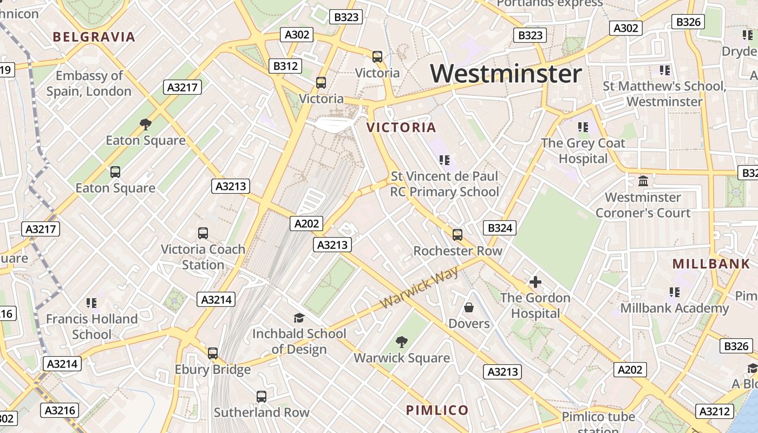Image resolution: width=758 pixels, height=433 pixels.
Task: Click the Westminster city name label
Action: [506, 74]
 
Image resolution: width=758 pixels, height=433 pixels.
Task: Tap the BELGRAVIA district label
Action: [94, 37]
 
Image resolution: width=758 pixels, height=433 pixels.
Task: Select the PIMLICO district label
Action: [437, 410]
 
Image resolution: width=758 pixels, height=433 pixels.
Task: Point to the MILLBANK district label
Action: [711, 264]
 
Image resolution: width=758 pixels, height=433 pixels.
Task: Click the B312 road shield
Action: [285, 66]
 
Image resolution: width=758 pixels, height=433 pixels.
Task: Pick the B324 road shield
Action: [500, 228]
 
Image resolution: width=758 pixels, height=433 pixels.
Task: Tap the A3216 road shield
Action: [60, 410]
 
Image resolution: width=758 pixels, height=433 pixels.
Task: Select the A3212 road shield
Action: [715, 412]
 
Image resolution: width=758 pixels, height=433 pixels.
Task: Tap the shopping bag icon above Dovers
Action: [469, 307]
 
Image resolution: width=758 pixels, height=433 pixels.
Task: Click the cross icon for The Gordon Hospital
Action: [535, 282]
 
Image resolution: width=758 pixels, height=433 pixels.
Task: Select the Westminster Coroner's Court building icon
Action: [643, 181]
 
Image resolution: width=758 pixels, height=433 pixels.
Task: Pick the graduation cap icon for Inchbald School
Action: [299, 318]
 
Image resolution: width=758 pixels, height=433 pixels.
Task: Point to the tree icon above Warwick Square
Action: [401, 342]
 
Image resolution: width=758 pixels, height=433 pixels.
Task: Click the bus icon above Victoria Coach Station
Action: [203, 233]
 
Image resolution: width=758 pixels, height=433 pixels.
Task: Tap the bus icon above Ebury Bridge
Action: [213, 353]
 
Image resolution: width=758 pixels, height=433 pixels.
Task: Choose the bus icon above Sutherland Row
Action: [262, 397]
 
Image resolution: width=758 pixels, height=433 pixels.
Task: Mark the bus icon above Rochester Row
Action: [458, 235]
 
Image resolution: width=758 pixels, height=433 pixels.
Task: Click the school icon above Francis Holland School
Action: [92, 303]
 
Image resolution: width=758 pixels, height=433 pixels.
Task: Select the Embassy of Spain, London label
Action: [89, 83]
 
